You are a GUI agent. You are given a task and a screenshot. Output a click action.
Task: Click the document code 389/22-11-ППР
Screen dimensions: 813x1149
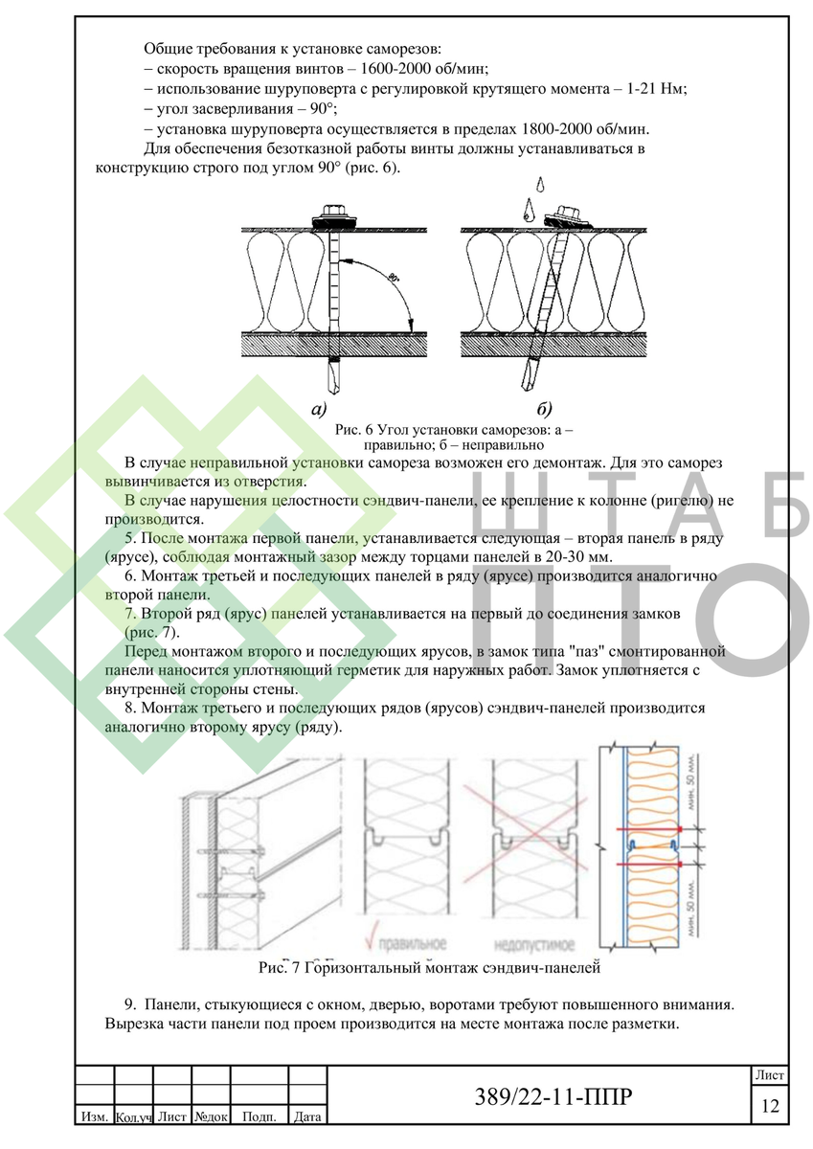[x=553, y=1096]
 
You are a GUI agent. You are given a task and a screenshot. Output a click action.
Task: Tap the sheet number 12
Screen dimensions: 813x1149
[x=770, y=1105]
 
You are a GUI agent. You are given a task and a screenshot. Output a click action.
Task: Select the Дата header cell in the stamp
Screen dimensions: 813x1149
[x=307, y=1116]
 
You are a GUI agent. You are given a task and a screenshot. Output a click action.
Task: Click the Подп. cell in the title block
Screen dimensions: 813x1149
[x=260, y=1116]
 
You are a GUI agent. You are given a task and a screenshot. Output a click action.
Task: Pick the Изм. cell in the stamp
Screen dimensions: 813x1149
[x=95, y=1116]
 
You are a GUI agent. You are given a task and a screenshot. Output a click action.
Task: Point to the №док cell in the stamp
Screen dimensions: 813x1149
[x=211, y=1116]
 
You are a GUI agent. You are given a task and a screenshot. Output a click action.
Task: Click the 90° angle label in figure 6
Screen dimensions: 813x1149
[x=394, y=278]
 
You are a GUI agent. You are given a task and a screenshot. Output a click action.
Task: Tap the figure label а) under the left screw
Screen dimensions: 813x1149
[x=319, y=408]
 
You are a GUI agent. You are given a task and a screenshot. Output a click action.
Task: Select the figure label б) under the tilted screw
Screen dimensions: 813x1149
[x=544, y=408]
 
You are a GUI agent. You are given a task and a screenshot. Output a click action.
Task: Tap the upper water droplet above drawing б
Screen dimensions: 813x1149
[x=540, y=184]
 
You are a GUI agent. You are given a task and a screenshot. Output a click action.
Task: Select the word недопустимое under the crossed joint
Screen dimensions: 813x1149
[x=534, y=944]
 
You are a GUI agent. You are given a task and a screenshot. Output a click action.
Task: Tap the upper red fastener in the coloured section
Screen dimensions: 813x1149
[x=648, y=829]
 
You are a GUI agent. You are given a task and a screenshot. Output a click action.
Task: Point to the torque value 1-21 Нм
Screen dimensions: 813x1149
[x=656, y=88]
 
